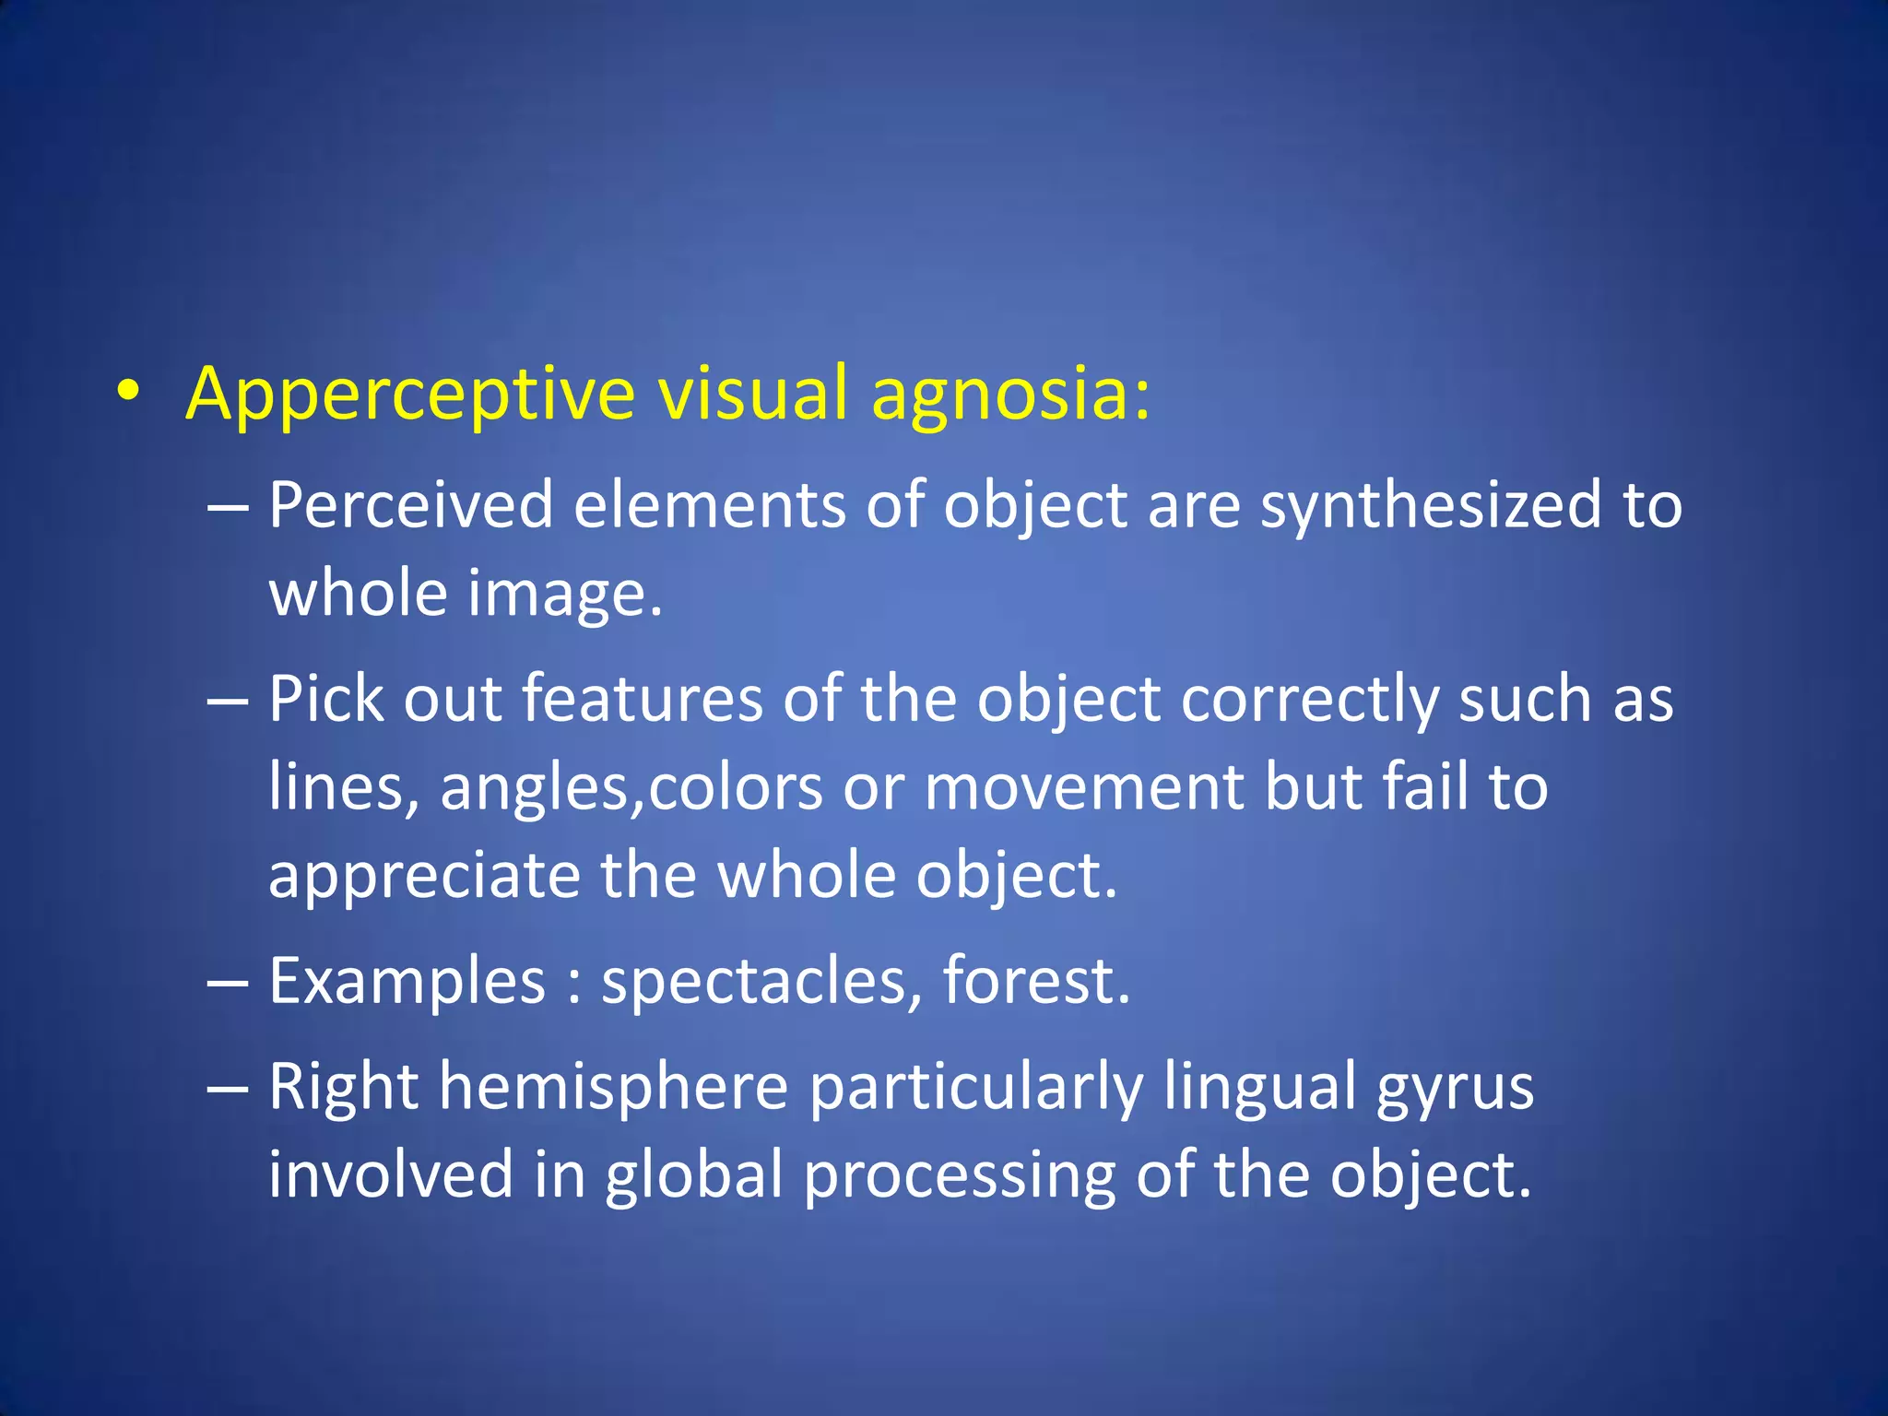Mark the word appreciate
(x=424, y=876)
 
